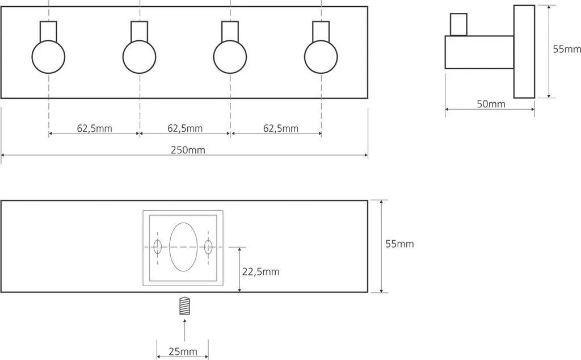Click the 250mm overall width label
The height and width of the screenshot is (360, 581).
coord(188,150)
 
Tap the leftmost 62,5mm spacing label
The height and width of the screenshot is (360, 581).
coord(95,129)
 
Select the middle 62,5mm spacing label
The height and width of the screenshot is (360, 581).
coord(185,129)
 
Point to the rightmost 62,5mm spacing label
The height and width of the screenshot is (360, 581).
coord(281,129)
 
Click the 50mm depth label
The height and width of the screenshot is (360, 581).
coord(491,104)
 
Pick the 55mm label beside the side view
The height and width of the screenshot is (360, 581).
coord(567,49)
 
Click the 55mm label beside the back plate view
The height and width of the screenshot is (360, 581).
coord(400,244)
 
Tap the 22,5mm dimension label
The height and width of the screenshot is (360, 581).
coord(261,272)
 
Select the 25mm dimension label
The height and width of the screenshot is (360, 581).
coord(183,351)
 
